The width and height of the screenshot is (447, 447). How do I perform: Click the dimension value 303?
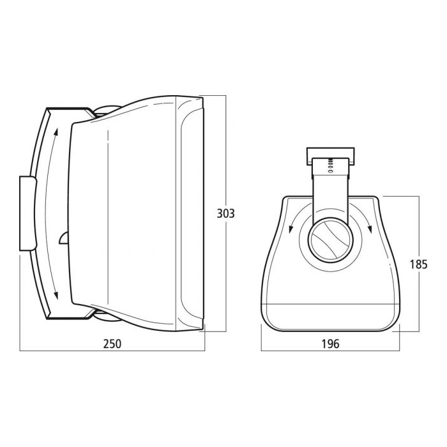[x=225, y=213]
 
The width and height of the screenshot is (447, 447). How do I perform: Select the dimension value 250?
[x=112, y=344]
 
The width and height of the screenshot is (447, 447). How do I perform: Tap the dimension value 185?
[x=418, y=265]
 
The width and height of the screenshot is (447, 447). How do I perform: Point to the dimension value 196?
[x=330, y=344]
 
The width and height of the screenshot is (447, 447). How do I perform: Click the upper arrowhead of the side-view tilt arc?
[x=56, y=132]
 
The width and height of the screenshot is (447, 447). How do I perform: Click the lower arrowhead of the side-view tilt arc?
[x=56, y=295]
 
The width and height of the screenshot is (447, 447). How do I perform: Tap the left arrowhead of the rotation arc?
[x=291, y=229]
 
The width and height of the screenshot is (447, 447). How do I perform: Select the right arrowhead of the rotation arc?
[x=370, y=229]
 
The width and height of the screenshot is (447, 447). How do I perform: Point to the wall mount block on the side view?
[x=27, y=213]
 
